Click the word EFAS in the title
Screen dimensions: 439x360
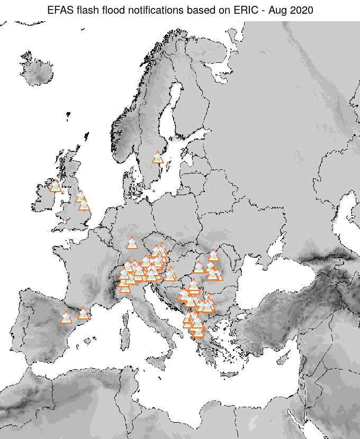tap(59, 10)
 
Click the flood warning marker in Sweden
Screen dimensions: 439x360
tap(158, 158)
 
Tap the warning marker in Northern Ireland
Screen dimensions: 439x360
tap(55, 186)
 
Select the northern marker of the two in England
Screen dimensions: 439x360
tap(80, 197)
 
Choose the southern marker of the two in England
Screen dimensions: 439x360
tap(84, 205)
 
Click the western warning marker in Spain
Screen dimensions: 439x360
tap(66, 318)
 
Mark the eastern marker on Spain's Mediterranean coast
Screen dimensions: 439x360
tap(83, 314)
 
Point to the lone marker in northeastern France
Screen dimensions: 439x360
tap(132, 243)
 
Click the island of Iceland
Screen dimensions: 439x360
tap(40, 71)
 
